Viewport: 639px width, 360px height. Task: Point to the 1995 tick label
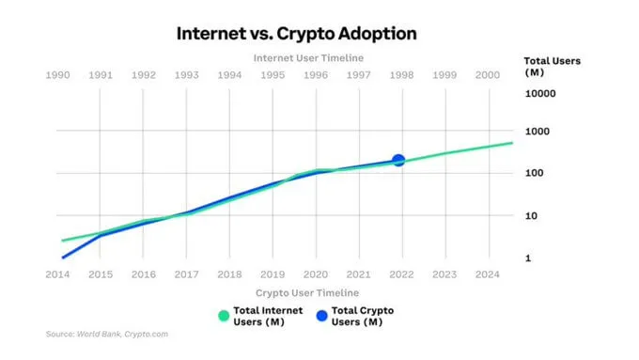click(x=272, y=75)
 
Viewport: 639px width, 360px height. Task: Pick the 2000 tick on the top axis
click(x=488, y=75)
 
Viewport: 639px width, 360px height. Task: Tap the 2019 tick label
click(x=272, y=274)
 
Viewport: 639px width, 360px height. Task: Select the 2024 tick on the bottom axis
click(x=488, y=274)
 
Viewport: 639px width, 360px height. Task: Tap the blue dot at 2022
click(x=398, y=161)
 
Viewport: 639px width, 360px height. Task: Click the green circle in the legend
click(x=224, y=316)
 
